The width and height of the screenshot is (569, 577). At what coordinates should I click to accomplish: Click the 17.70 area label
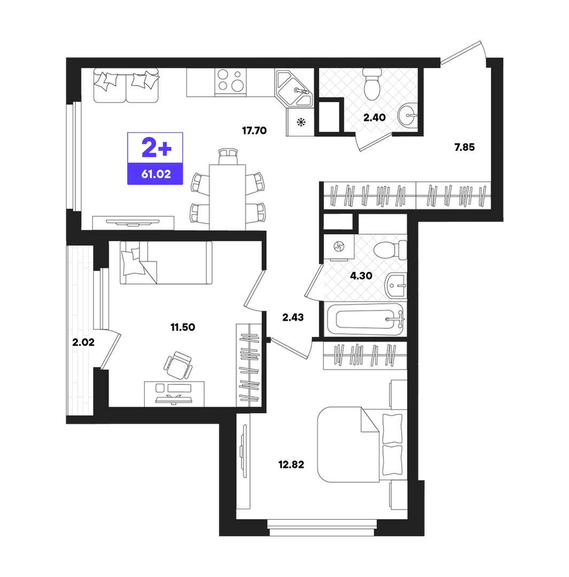coord(254,130)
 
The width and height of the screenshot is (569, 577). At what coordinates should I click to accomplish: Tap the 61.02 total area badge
coord(156,174)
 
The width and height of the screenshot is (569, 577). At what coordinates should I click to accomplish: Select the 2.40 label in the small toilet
coord(374,118)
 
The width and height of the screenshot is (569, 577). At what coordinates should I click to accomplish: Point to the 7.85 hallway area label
coord(464,147)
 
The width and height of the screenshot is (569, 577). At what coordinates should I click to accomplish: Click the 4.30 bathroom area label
coord(361,275)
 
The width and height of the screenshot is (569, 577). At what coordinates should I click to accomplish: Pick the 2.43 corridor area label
coord(293,317)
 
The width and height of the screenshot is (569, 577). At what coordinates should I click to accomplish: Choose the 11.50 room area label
coord(183,327)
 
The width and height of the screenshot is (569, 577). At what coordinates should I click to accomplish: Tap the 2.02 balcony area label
coord(83,342)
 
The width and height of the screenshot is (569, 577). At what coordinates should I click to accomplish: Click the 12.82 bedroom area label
coord(291,465)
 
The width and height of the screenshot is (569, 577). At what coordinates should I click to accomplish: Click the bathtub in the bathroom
coord(365,319)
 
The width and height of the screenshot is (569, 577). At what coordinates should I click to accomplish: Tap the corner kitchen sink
coord(294,88)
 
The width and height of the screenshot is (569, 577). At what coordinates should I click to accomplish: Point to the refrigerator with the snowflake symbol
coord(300,122)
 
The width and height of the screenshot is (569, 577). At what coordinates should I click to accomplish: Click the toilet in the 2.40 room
coord(372,84)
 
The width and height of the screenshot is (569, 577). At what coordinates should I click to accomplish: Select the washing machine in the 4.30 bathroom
coord(339,247)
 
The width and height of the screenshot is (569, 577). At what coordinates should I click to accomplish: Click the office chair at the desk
coord(178,365)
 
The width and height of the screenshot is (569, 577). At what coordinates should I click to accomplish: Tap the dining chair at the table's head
coord(228,156)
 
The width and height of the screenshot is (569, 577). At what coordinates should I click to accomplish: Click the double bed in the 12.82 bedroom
coord(362,444)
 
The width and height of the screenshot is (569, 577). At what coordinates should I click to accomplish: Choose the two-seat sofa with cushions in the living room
coord(126,86)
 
